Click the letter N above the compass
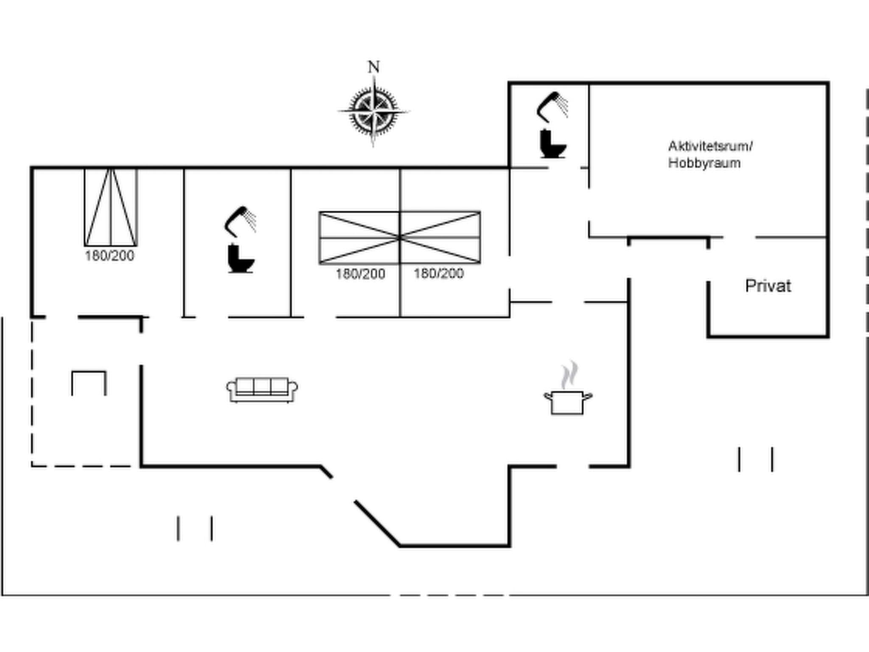373,67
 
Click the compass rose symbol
373,111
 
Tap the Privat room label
768,286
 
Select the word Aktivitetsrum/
710,146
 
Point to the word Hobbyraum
704,163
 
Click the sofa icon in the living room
262,389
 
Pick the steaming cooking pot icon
568,395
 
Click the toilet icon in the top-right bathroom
552,144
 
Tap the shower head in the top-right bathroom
552,106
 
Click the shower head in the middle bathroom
240,221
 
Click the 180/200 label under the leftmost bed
109,256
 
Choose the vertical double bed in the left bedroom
111,207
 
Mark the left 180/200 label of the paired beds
360,274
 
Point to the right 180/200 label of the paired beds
438,273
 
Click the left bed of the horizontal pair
359,238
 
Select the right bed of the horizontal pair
440,238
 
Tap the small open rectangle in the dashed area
89,383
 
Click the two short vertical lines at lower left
195,528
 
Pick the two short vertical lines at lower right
756,459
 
